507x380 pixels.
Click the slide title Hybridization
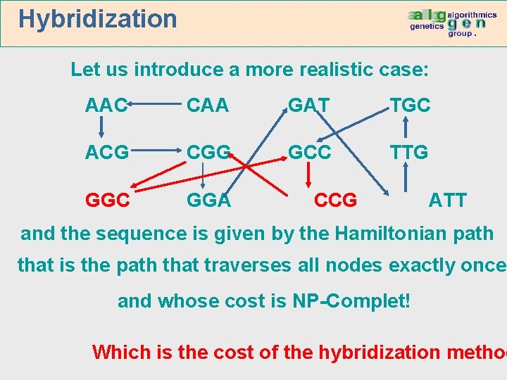point(98,19)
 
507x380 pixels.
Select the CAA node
point(208,106)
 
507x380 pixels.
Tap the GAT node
point(309,106)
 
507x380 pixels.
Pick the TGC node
point(411,106)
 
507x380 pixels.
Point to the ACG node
point(106,153)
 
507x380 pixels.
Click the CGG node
point(208,153)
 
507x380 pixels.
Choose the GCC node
point(310,153)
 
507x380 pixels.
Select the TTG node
point(411,153)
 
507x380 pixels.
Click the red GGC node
point(107,200)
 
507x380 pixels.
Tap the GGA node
point(208,200)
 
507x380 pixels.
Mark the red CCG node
point(335,200)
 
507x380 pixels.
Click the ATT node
point(448,200)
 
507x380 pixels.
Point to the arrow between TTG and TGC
point(406,128)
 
